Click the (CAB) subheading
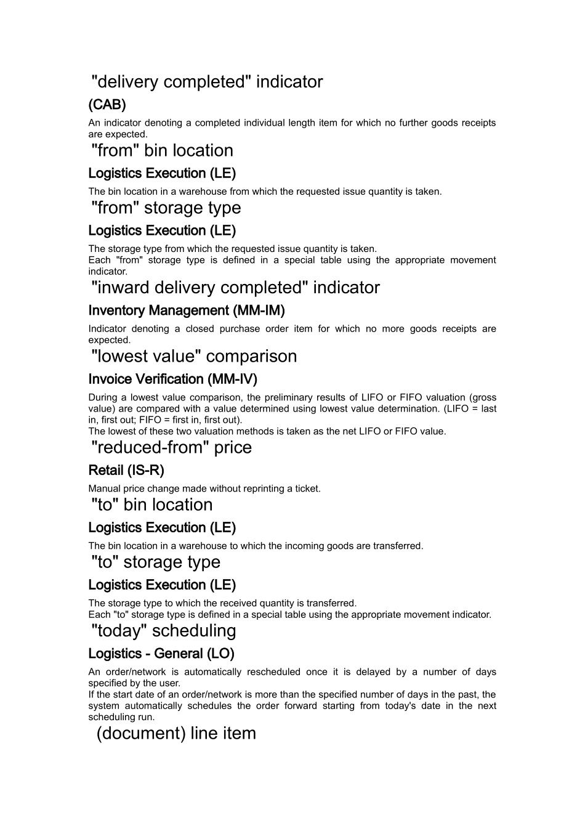pos(107,104)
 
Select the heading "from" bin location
pos(163,150)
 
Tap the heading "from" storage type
pos(166,208)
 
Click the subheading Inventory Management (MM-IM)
pos(187,310)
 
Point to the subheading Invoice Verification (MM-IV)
pos(173,379)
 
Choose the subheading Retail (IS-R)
pos(126,471)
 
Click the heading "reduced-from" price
pos(172,447)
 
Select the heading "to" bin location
pos(152,505)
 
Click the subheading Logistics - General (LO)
pos(161,654)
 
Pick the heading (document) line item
pos(176,733)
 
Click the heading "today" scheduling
pos(164,631)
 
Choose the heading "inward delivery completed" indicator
pos(236,288)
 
